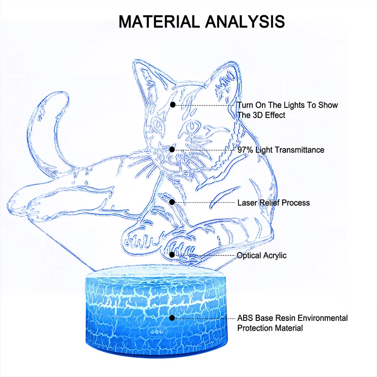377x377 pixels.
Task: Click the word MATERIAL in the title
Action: [160, 21]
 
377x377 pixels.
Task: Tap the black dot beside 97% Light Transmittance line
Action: [172, 149]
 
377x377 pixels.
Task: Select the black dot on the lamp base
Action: [172, 319]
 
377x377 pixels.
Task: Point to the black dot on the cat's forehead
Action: [173, 105]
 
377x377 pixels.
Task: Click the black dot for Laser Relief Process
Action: [172, 202]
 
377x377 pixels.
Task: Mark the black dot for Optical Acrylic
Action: [172, 254]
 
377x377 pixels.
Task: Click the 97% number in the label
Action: [246, 150]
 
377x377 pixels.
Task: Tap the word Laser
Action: [246, 203]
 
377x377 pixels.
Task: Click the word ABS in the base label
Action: [245, 318]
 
